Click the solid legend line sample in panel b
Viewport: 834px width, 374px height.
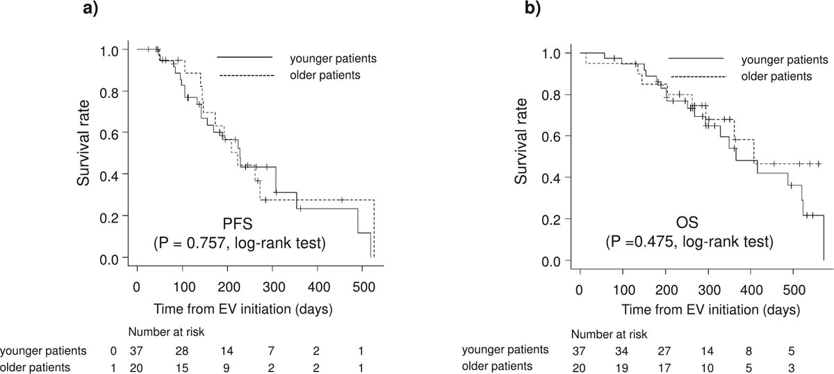point(696,58)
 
